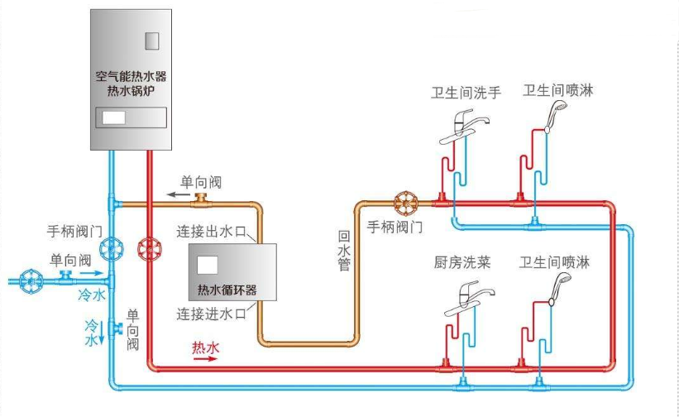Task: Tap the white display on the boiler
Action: [113, 117]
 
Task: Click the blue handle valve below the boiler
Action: [109, 247]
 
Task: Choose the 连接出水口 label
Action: [213, 231]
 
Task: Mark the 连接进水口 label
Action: [213, 314]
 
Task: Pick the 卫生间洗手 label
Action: [466, 92]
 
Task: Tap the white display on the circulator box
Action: [208, 266]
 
